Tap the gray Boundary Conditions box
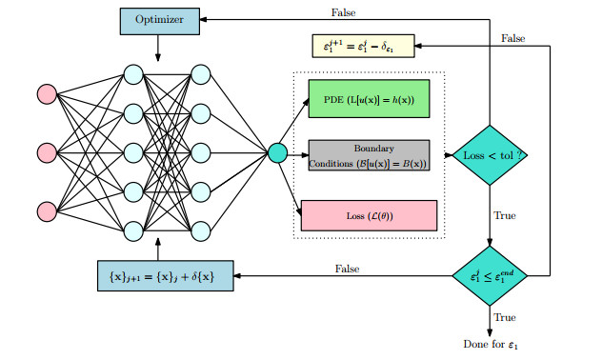point(368,155)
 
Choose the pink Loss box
point(368,215)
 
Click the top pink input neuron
point(46,94)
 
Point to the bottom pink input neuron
point(46,210)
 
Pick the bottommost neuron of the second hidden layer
point(200,230)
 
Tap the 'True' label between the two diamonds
point(504,216)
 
